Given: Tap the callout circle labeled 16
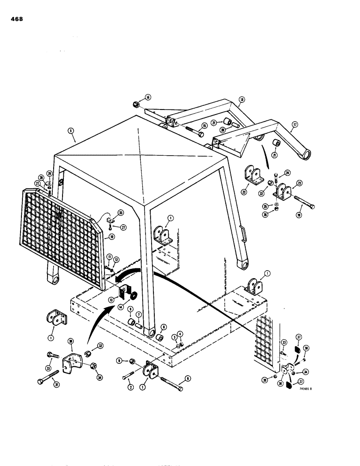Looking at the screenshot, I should (148, 97).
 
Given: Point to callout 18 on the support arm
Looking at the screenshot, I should (242, 99).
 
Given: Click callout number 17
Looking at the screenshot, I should (294, 125).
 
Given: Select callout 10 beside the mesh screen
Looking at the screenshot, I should (112, 237).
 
